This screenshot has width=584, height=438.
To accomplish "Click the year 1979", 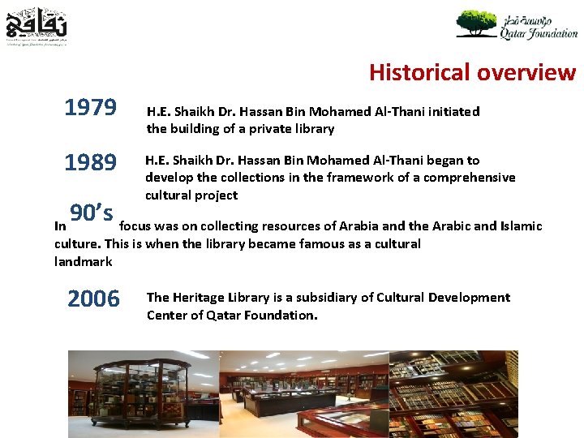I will point(91,109).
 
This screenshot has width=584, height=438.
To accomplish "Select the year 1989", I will point(91,163).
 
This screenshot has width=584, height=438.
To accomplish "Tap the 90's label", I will point(91,213).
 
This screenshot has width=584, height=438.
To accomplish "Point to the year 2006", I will point(93,299).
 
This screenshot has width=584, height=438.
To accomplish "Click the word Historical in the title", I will point(419,73).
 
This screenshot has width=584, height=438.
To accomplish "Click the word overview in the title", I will point(526,73).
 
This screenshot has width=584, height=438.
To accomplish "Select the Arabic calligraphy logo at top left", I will point(36,25).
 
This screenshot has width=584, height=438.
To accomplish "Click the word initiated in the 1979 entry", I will point(452,112).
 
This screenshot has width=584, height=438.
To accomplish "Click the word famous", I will point(245,244).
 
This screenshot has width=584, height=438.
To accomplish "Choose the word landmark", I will point(83,262).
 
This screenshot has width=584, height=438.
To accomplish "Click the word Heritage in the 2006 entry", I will point(200,298).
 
